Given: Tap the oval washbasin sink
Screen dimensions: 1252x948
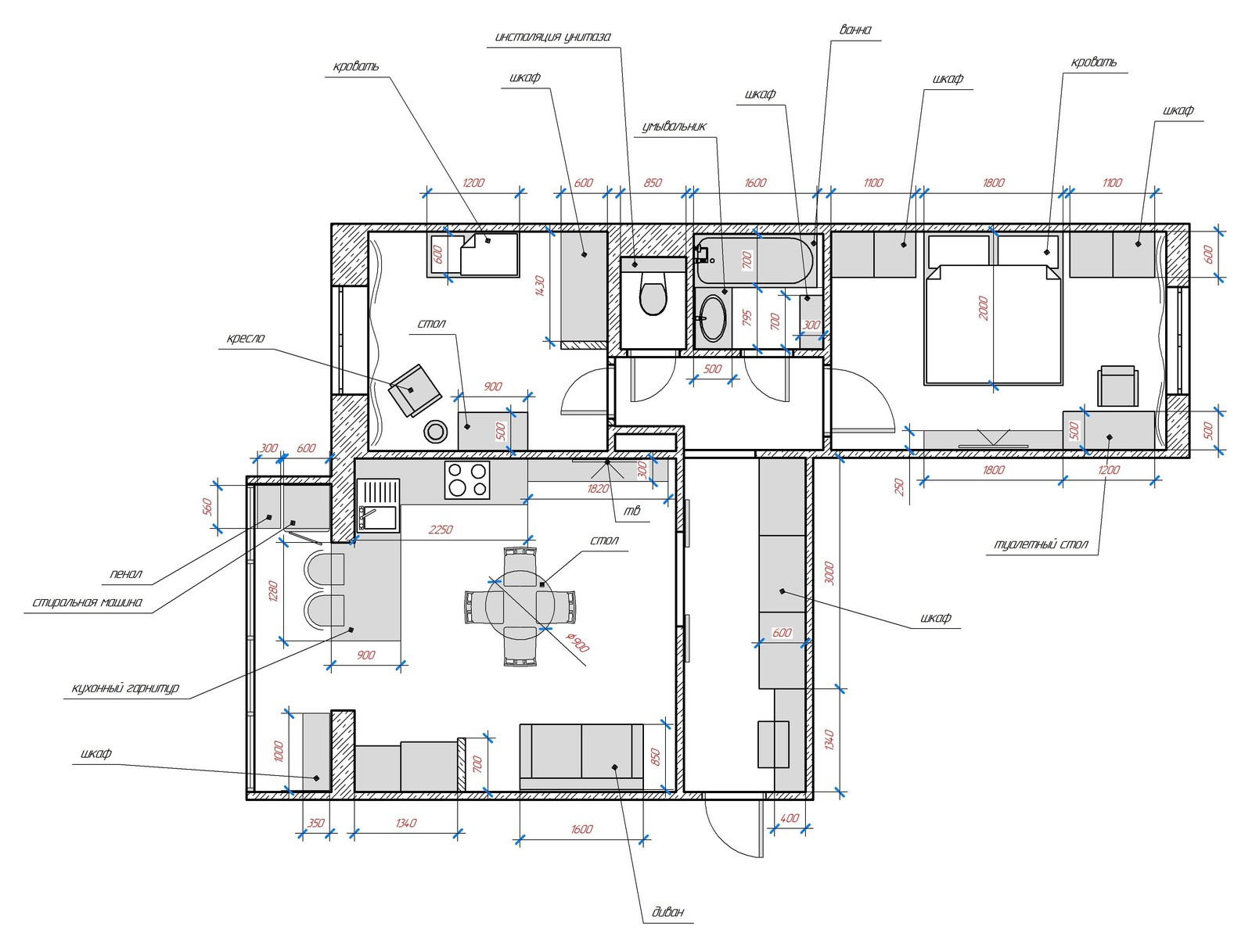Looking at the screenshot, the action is [713, 318].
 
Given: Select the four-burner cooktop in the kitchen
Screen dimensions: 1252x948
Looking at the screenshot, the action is [467, 480].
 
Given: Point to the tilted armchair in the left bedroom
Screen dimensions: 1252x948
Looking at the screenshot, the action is [415, 390].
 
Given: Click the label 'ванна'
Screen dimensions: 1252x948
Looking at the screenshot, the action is [855, 30].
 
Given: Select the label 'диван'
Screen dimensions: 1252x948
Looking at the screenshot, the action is [668, 912].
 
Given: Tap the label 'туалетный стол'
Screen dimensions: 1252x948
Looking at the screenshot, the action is [1041, 544].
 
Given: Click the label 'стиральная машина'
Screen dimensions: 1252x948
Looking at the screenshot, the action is [88, 602].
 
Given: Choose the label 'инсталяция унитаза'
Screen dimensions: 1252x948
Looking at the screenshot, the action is [552, 38].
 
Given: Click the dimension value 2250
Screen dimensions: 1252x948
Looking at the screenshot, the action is [441, 530].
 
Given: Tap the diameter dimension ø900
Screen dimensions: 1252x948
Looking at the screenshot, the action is [577, 642].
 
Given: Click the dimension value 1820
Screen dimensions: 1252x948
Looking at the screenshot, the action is [598, 489].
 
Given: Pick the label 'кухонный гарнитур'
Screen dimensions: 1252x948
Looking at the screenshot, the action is [125, 688].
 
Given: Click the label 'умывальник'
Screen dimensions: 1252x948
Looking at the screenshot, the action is [675, 127].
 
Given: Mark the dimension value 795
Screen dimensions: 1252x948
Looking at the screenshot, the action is [747, 318].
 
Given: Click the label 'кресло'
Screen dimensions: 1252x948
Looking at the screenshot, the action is [246, 339].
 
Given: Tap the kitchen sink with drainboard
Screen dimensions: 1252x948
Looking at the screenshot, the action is [378, 505].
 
